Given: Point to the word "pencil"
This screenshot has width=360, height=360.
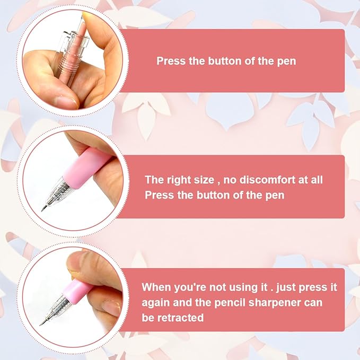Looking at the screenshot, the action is pyautogui.click(x=230, y=303).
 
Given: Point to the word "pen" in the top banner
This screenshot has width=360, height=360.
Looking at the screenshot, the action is pyautogui.click(x=286, y=62).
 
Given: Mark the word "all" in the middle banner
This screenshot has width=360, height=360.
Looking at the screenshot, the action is pyautogui.click(x=317, y=180).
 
